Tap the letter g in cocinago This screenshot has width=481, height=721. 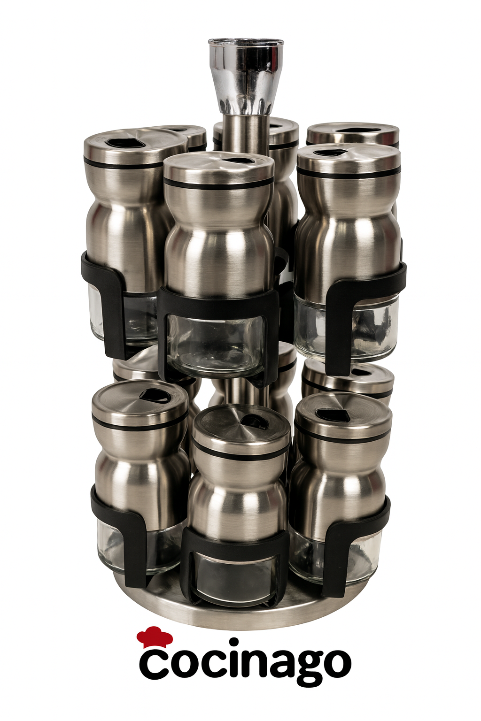[300, 669]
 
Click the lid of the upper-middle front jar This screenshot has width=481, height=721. [219, 170]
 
